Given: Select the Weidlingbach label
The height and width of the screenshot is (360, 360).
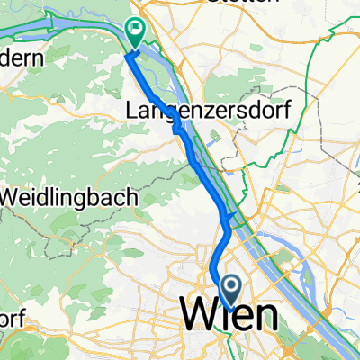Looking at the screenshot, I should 69,195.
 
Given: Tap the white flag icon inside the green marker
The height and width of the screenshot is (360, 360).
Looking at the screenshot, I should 136,30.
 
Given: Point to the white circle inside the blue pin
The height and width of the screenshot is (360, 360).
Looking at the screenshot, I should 231,288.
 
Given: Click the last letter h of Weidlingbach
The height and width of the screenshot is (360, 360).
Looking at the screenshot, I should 132,195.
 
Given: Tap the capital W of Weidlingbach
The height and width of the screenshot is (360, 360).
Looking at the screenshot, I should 13,195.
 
